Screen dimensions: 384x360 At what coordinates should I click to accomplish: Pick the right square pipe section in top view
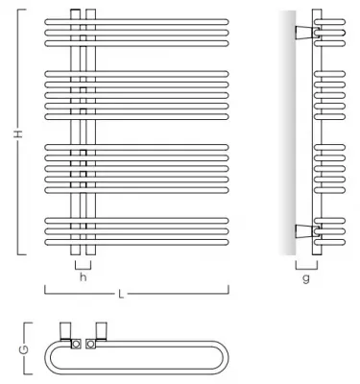(89, 342)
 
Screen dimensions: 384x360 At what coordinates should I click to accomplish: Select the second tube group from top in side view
(325, 90)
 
